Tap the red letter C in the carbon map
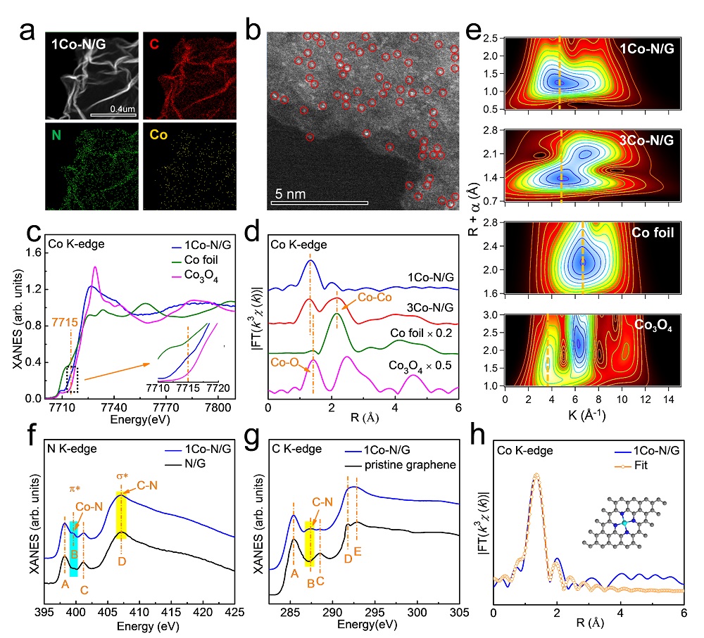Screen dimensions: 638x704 [x=154, y=45]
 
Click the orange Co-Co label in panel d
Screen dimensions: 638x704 [x=375, y=297]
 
